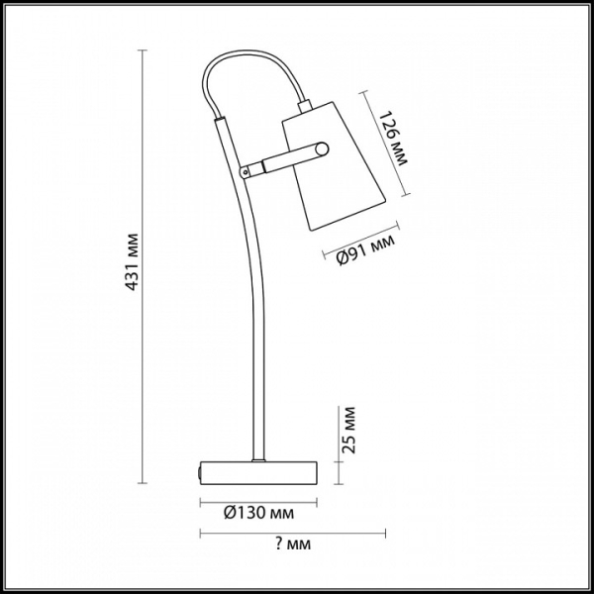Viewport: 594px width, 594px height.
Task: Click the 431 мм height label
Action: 132,261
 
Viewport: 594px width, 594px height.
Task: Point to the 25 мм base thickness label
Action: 348,430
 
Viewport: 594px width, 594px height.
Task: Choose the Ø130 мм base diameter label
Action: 258,513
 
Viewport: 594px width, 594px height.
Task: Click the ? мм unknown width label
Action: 293,544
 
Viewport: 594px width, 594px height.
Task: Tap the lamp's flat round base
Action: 258,473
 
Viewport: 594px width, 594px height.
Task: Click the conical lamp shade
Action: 334,166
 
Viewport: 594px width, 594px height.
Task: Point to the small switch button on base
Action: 199,472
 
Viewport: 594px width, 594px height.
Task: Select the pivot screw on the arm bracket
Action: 246,172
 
